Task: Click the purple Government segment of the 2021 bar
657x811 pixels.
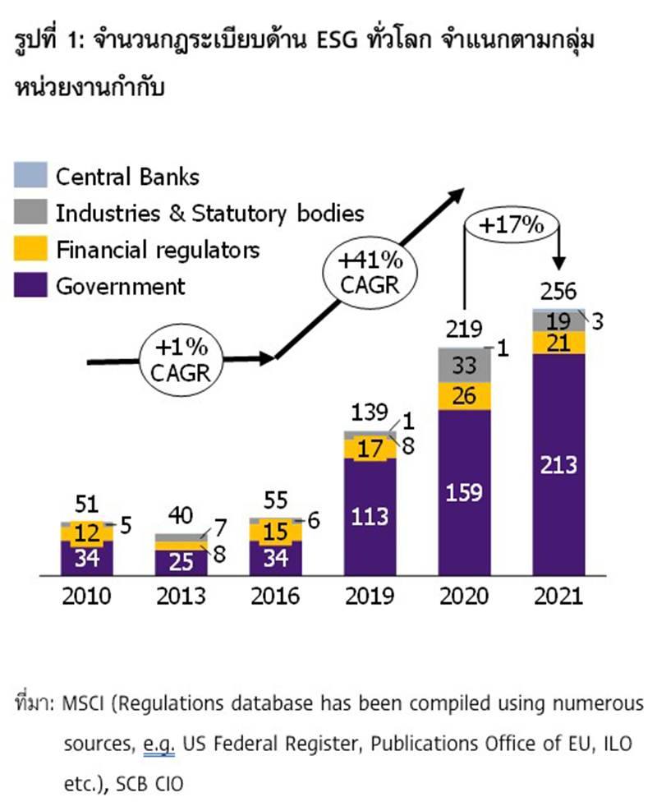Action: pyautogui.click(x=558, y=464)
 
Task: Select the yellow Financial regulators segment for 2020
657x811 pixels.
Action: pyautogui.click(x=464, y=395)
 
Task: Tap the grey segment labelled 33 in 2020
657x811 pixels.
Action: pyautogui.click(x=464, y=365)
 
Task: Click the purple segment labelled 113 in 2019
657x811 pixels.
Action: pyautogui.click(x=370, y=518)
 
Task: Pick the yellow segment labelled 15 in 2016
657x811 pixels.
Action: pyautogui.click(x=275, y=532)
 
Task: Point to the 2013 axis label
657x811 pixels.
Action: pyautogui.click(x=181, y=596)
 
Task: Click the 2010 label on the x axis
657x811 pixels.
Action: pyautogui.click(x=86, y=596)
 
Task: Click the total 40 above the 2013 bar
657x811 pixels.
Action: pyautogui.click(x=182, y=516)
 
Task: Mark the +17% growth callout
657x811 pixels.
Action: pyautogui.click(x=513, y=223)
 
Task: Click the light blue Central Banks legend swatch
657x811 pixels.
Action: pyautogui.click(x=30, y=176)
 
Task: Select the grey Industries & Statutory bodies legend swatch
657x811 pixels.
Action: pyautogui.click(x=30, y=213)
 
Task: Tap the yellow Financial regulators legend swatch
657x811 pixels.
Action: pyautogui.click(x=30, y=248)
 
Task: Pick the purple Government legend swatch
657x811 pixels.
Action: pyautogui.click(x=30, y=285)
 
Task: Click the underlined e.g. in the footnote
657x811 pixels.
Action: pyautogui.click(x=157, y=744)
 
